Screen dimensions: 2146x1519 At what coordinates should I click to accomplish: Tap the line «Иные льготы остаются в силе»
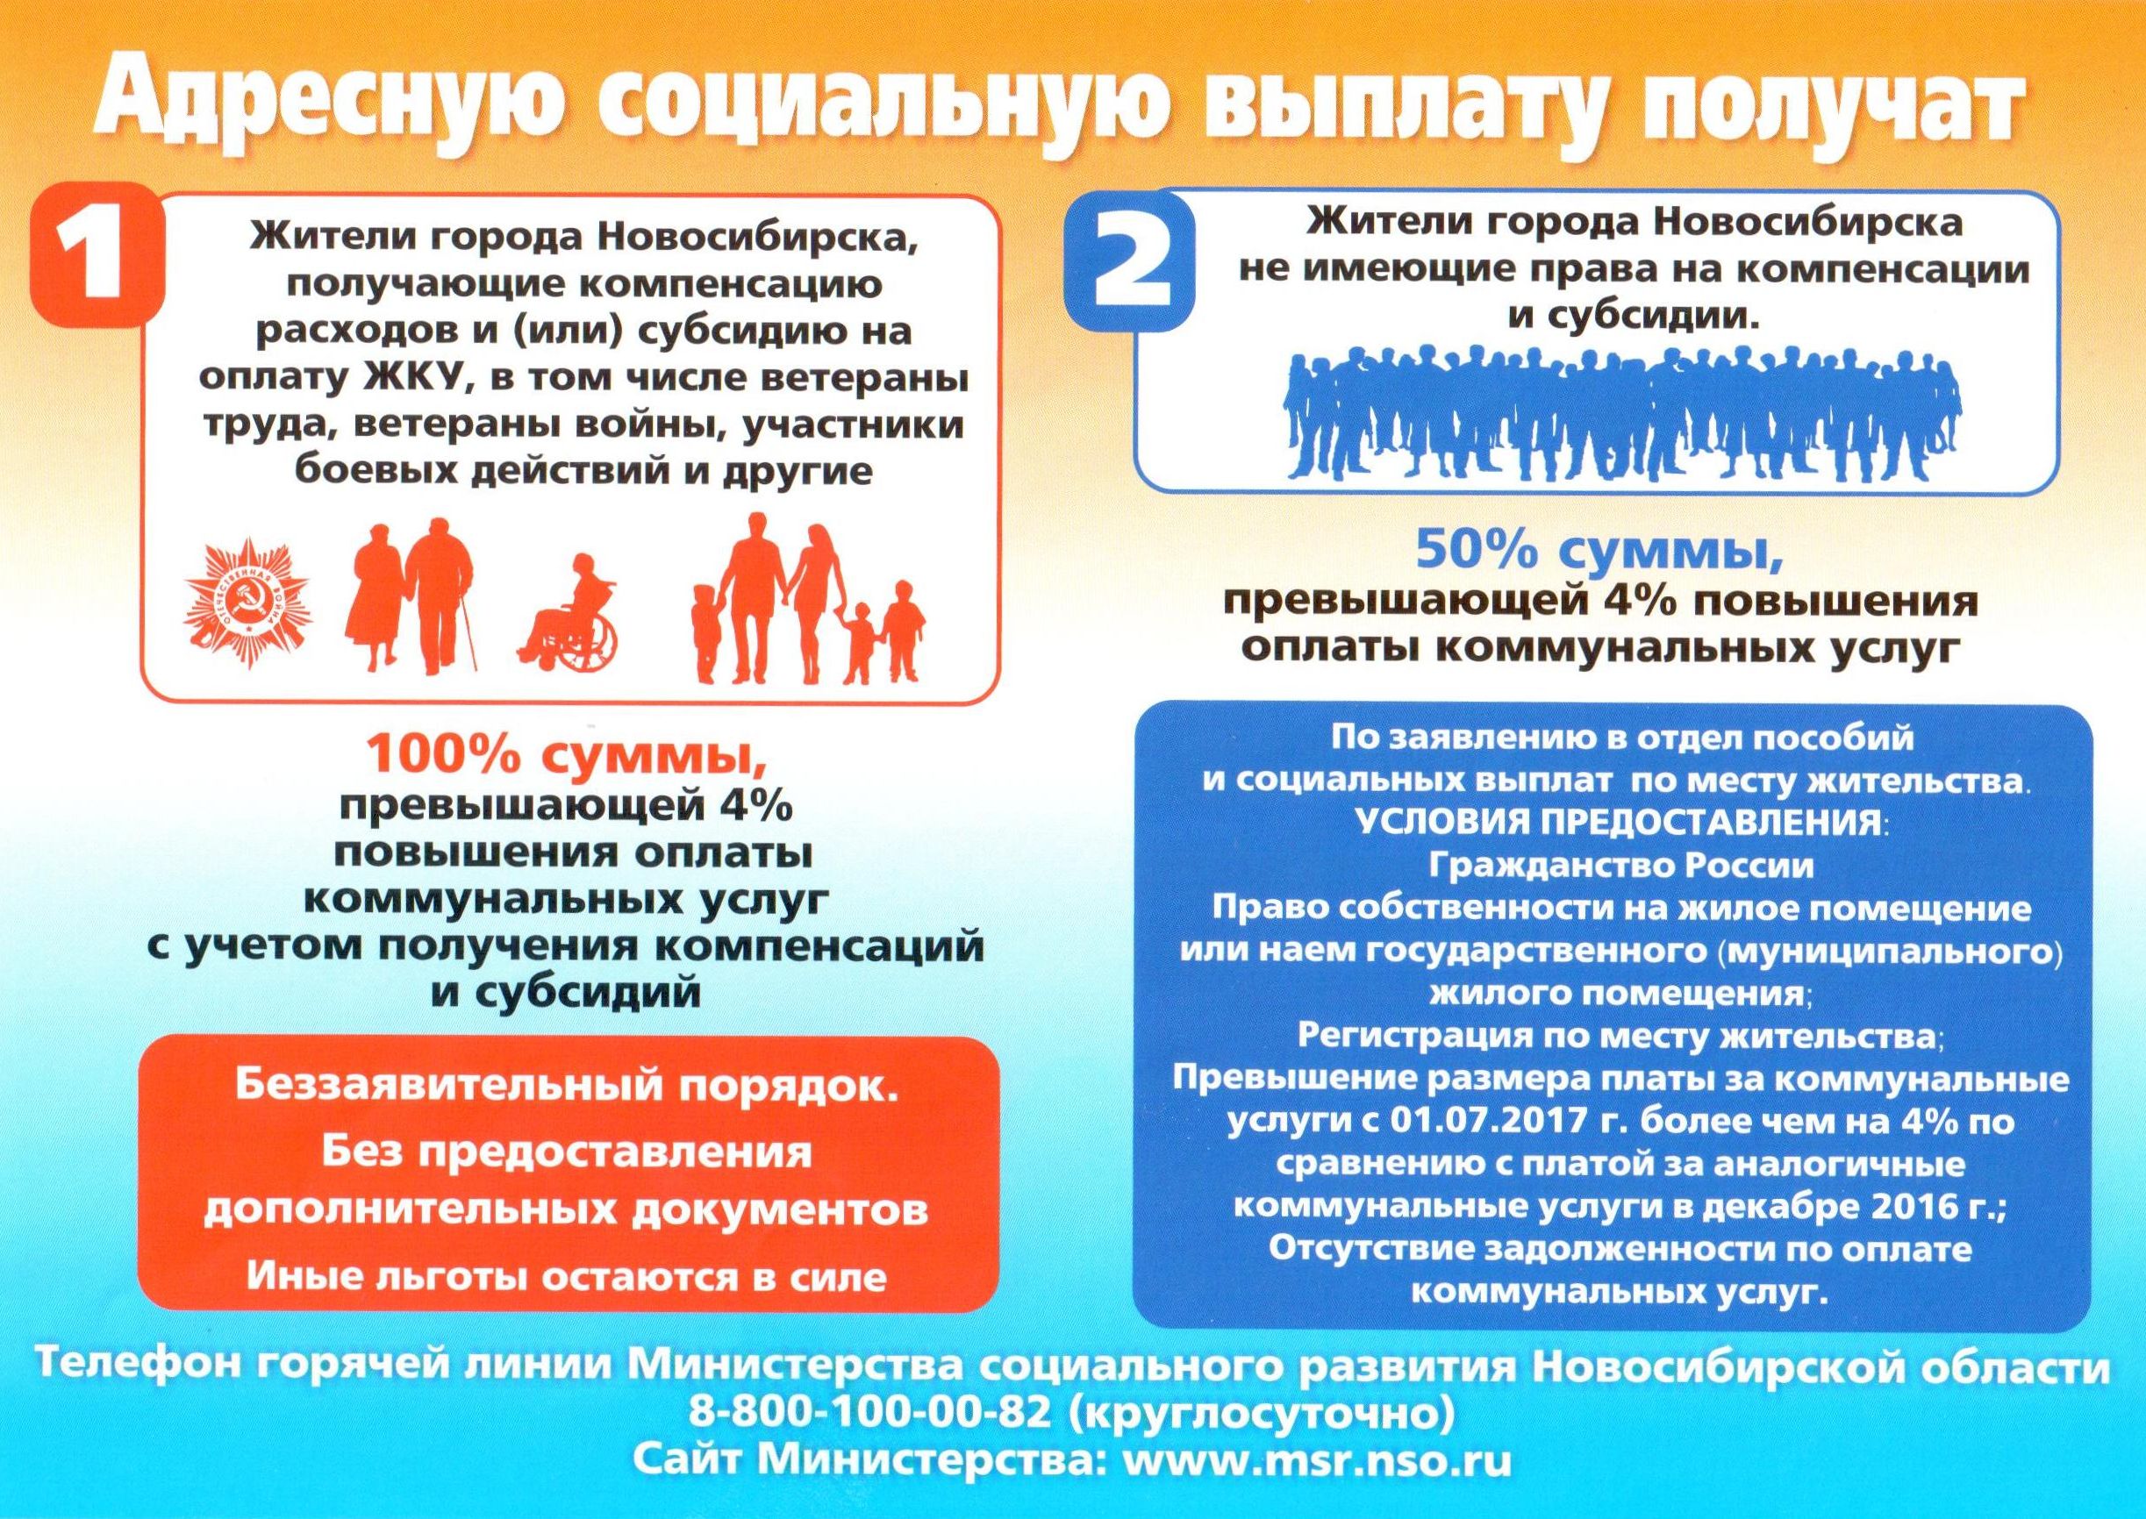[565, 1277]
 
